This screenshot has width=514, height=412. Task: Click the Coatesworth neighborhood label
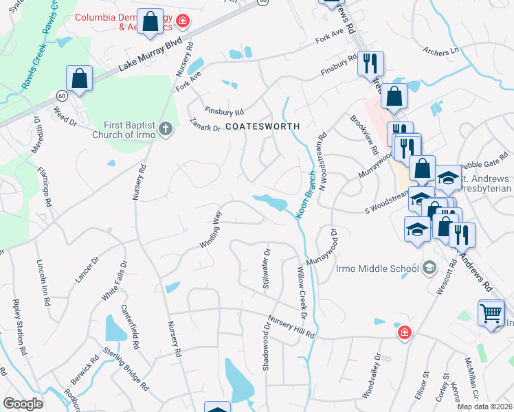263,127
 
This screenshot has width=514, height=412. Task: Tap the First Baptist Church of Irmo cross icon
165,128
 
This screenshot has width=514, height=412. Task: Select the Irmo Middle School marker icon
429,267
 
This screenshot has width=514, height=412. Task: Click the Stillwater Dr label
266,268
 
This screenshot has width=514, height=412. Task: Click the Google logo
23,404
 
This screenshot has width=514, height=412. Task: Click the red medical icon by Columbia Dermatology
182,21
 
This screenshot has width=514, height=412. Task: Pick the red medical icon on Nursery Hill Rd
405,333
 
